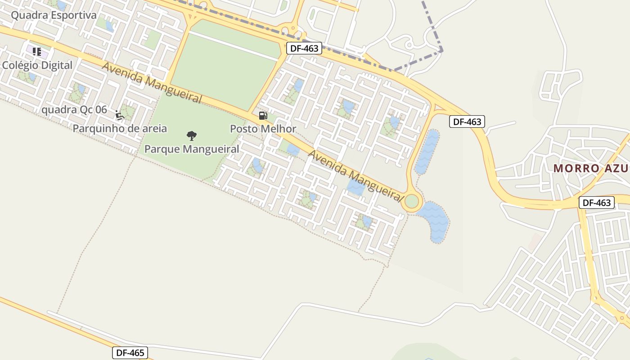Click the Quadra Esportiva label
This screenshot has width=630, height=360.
click(x=54, y=15)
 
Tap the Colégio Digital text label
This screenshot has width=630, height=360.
click(x=37, y=65)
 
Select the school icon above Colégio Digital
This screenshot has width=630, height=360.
click(x=37, y=51)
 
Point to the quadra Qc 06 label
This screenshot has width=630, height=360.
click(x=74, y=110)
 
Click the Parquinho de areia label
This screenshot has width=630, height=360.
click(x=120, y=129)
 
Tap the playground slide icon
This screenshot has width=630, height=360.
click(x=119, y=115)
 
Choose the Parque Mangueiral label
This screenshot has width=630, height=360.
click(x=192, y=149)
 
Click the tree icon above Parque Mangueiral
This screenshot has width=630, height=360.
click(x=192, y=135)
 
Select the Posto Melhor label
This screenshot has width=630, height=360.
click(x=263, y=129)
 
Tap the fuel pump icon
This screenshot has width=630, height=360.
click(x=263, y=116)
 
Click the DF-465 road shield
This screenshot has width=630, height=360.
click(x=130, y=353)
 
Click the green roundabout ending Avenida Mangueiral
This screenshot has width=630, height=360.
click(x=412, y=202)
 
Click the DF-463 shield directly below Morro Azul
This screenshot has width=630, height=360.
click(x=597, y=202)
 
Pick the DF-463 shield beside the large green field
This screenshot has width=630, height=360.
click(x=304, y=48)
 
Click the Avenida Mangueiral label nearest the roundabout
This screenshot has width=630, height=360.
click(x=355, y=176)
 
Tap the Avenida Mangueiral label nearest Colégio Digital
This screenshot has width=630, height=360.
click(x=152, y=83)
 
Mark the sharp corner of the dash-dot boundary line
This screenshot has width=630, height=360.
click(x=442, y=50)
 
